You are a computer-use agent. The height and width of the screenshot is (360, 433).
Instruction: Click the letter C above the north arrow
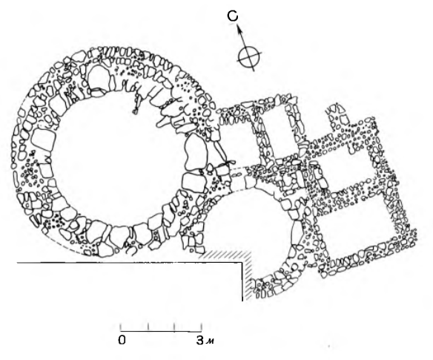pos(233,16)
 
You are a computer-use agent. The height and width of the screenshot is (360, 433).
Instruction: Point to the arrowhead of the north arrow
pos(238,27)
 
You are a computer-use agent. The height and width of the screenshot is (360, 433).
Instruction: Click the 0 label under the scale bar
pos(122,340)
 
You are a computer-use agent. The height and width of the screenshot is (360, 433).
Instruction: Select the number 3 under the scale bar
pos(199,340)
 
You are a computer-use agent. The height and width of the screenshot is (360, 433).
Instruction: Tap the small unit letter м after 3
pos(211,341)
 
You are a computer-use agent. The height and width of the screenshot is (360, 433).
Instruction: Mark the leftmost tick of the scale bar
pos(121,327)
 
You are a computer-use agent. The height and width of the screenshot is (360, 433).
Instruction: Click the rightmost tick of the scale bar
pos(202,327)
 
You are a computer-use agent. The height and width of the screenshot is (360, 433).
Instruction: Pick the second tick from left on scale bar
pos(148,327)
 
